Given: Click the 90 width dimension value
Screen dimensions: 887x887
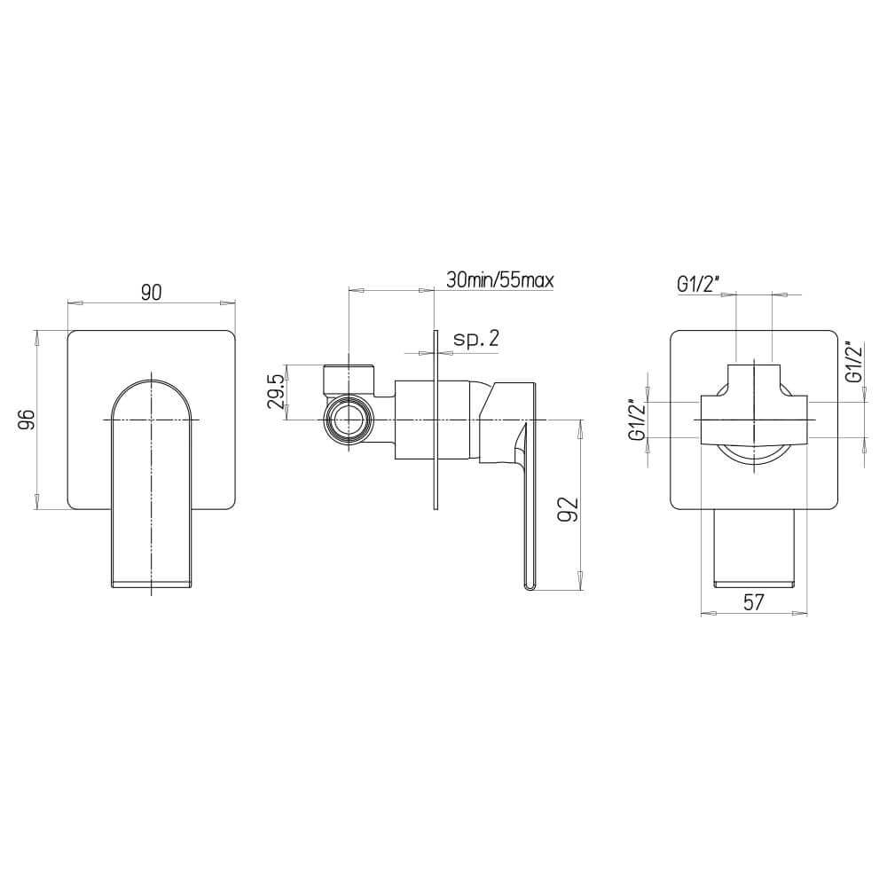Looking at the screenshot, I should tap(151, 294).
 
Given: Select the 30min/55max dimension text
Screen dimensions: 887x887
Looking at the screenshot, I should tap(500, 280).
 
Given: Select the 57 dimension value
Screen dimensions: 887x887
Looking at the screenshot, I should tap(753, 602).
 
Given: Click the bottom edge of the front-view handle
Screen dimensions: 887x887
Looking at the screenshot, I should tap(153, 586).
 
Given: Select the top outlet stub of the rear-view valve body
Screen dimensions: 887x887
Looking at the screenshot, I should tap(754, 376).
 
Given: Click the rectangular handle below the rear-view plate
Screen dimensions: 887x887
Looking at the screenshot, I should tap(754, 550).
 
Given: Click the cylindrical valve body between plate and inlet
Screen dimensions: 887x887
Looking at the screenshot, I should tap(430, 420).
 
